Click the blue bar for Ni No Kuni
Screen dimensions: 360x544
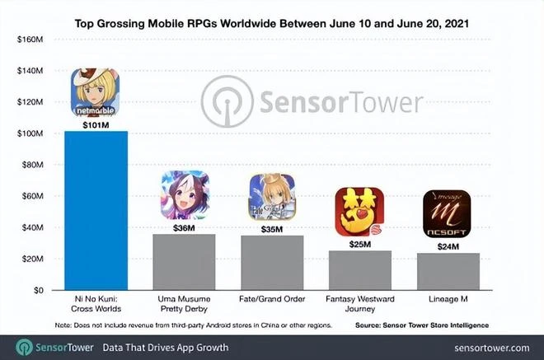(96, 210)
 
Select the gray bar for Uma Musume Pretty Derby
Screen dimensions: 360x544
(184, 262)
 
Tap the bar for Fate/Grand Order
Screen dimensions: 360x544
(271, 263)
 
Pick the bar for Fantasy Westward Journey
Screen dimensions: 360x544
(359, 270)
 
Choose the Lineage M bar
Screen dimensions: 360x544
(447, 271)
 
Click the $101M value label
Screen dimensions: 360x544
(96, 125)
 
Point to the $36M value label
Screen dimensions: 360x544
(184, 227)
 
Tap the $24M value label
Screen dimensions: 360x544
(447, 245)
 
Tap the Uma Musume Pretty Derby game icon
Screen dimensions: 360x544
(184, 195)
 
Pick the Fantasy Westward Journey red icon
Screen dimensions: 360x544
(359, 212)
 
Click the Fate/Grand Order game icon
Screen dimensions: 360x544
(271, 197)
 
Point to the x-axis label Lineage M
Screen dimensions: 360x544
(447, 302)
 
